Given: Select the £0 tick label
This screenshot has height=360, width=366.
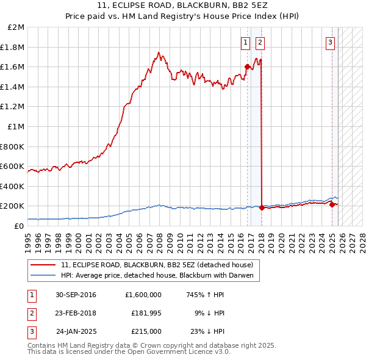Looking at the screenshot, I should pos(20,226).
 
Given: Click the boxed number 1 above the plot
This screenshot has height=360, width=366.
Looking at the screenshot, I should pos(245,42).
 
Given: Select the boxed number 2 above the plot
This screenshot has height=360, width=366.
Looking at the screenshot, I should pos(260,42).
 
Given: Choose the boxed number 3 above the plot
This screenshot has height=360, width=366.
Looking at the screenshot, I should pos(330,42).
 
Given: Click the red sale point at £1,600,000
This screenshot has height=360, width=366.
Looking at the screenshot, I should pos(247,67).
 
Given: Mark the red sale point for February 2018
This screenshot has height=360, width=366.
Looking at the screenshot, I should pos(262,207).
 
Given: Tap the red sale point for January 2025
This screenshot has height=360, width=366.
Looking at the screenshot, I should pos(332,204).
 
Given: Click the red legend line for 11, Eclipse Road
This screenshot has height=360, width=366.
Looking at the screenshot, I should pos(44,265).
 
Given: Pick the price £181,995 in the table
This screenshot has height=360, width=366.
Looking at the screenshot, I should pos(146,313).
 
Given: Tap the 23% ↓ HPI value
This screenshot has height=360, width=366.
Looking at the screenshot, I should pos(208,331).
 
